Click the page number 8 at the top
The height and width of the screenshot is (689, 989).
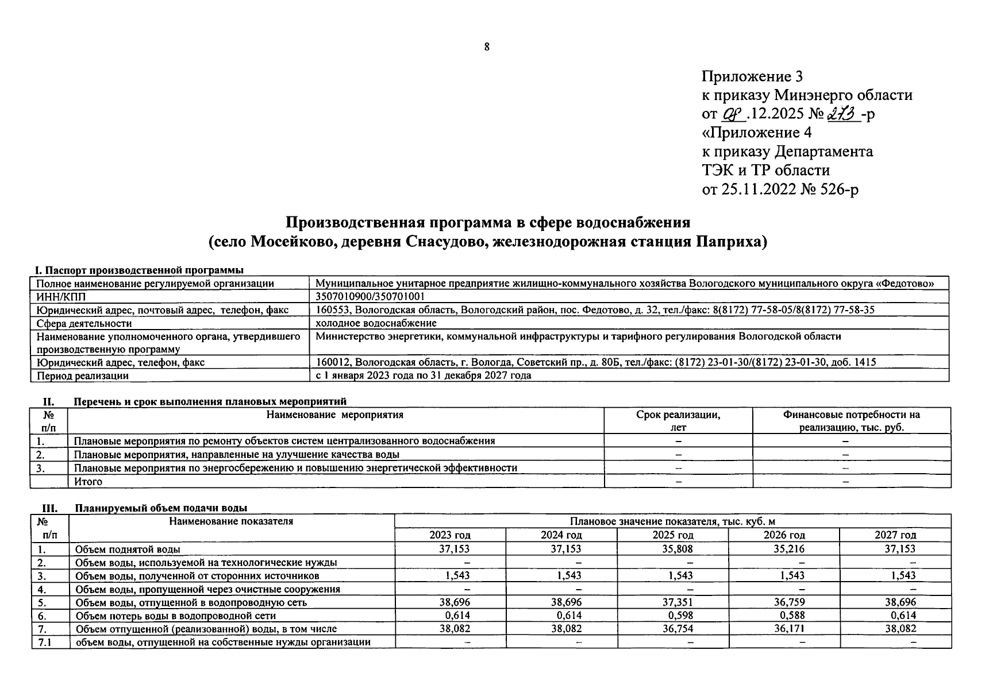coord(487,47)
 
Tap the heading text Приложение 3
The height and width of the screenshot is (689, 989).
coord(752,76)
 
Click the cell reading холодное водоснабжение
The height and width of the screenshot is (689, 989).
coord(376,323)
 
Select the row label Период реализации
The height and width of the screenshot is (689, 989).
coord(83,376)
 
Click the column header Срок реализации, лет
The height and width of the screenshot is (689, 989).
coord(678,421)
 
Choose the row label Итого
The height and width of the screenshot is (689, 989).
coord(88,482)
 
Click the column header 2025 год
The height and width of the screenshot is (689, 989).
coord(672,535)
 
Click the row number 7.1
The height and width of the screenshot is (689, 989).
coord(45,642)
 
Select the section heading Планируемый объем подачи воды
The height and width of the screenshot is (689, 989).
coord(161,508)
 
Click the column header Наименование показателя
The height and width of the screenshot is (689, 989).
coord(231,521)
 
